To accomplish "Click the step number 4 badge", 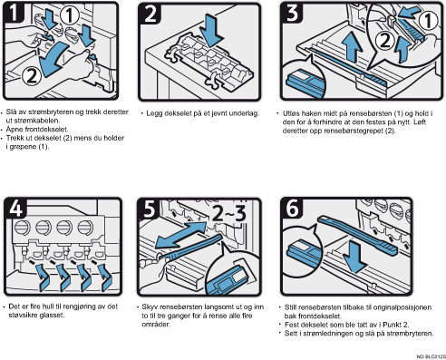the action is click(x=15, y=208).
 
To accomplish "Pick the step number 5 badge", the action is click(x=150, y=209).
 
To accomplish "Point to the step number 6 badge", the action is click(x=292, y=209).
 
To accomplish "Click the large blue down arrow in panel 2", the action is click(x=213, y=30).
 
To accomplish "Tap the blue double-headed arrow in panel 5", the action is click(x=181, y=235).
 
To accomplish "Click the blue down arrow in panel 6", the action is click(x=355, y=258).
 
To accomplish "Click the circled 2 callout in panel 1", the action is click(x=32, y=75).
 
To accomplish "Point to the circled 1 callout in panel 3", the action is click(x=428, y=21).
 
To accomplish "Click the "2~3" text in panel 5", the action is click(x=229, y=212).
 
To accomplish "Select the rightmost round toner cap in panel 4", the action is click(x=86, y=227).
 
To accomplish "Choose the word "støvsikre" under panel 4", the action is click(x=23, y=316).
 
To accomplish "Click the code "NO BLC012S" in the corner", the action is click(x=431, y=357).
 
